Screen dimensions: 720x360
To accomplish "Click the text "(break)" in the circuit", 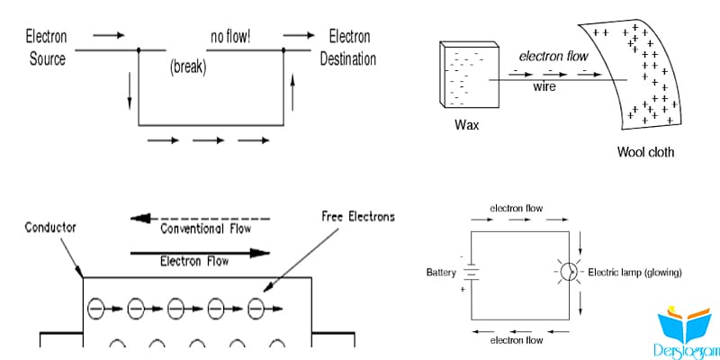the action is [188, 67].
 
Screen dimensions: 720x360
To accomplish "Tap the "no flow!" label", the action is [230, 36].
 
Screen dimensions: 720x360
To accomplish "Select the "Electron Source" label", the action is [47, 48].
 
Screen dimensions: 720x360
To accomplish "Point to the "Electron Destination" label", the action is [348, 48].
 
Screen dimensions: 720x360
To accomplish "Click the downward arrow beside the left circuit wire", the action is [130, 91].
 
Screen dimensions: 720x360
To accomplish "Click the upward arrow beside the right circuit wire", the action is [292, 94].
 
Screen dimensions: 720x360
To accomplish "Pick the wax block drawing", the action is [469, 75].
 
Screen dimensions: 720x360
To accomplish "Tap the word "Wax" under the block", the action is [466, 125].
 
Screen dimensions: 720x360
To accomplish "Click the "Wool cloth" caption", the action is [645, 152].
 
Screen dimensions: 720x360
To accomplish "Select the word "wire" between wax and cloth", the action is [544, 86].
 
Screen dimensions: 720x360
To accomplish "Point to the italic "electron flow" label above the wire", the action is [553, 57].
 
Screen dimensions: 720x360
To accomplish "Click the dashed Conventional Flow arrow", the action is [200, 219].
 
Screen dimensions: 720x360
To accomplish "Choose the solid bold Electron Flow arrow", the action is [200, 253].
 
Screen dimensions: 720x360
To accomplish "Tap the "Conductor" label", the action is [50, 228].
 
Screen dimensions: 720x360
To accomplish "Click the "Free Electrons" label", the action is [359, 217].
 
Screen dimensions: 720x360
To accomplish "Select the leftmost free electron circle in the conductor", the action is [96, 309].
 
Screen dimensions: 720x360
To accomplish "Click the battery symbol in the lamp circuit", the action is [471, 273].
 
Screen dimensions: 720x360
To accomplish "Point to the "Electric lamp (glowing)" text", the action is [634, 273].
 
